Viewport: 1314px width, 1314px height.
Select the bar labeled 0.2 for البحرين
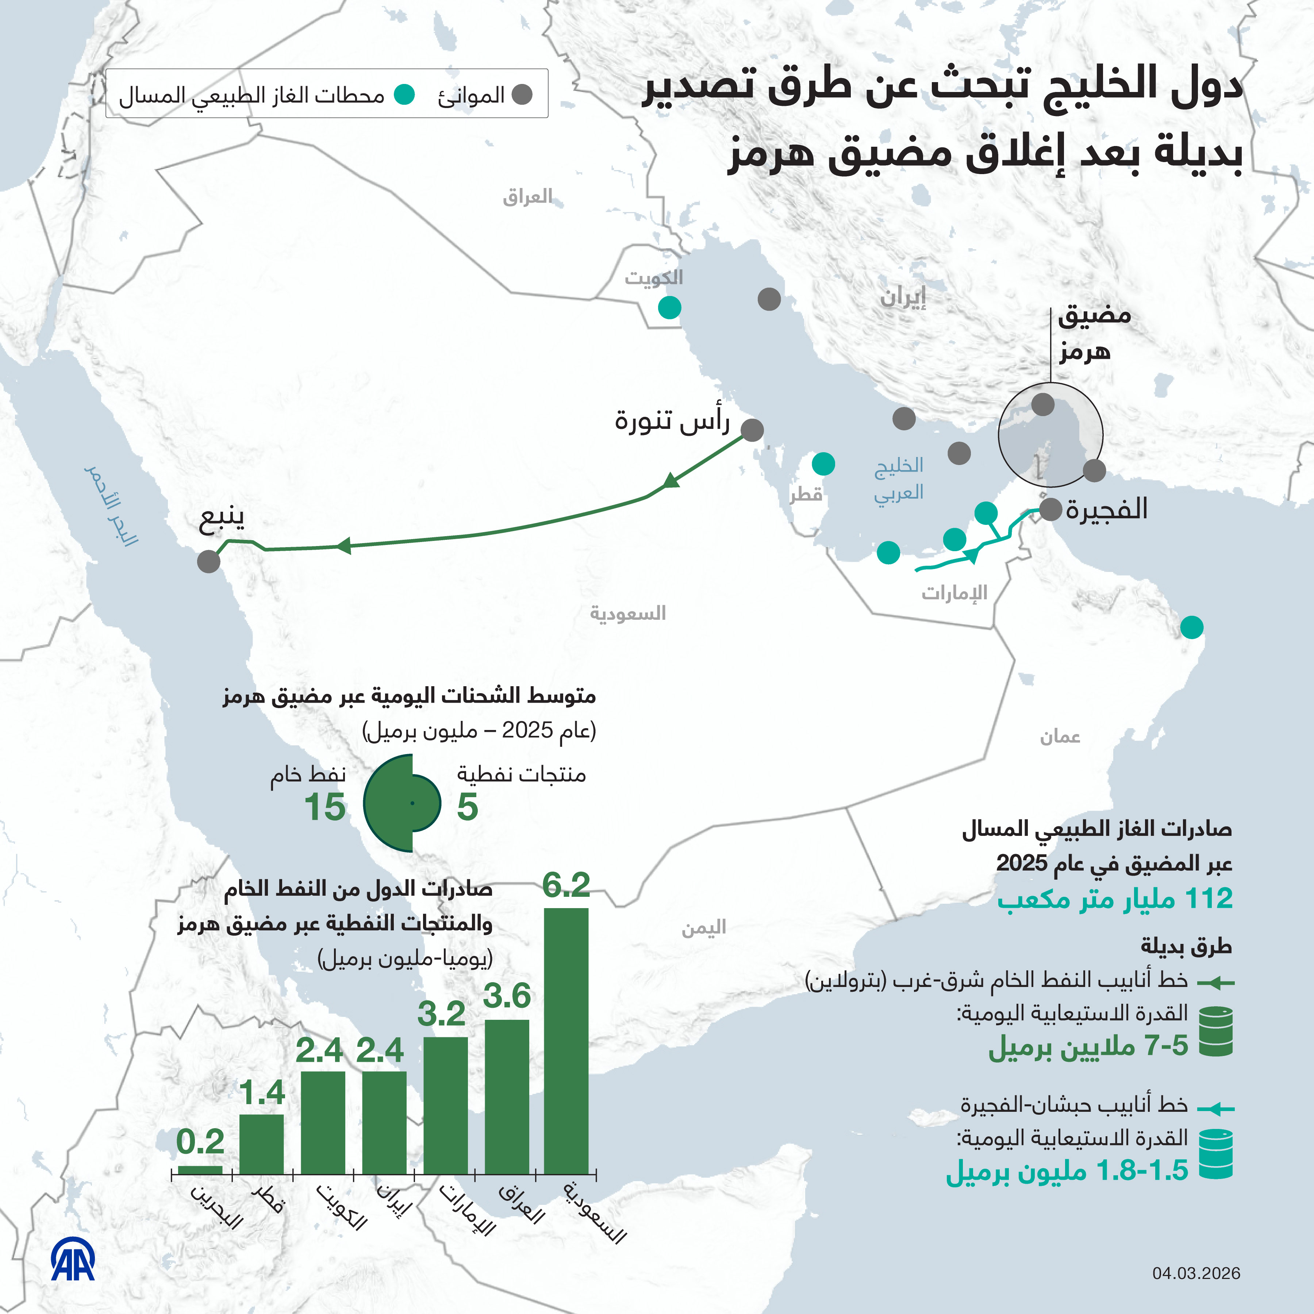click(200, 1170)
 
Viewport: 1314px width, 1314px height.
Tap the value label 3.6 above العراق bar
click(507, 996)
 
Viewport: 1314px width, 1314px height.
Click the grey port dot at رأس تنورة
click(752, 430)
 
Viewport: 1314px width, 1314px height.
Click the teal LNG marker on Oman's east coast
click(1192, 627)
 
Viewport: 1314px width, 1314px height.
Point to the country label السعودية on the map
click(628, 614)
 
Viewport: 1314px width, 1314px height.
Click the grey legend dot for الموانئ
click(522, 95)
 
